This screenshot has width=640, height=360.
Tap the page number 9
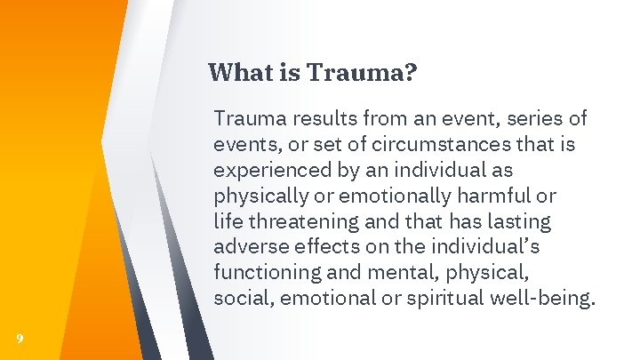pyautogui.click(x=20, y=338)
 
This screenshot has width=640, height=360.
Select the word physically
pyautogui.click(x=253, y=196)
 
